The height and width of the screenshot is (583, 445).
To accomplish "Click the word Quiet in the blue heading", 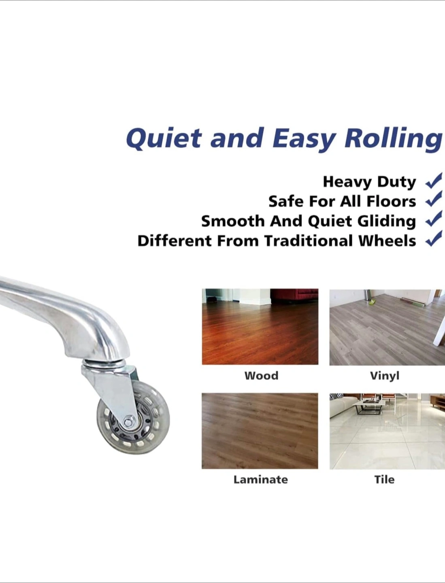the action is click(163, 138).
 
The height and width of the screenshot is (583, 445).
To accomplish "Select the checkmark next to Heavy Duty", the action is click(434, 181).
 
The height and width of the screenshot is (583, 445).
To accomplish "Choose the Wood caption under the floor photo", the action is click(261, 376).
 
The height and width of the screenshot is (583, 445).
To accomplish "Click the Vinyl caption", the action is click(384, 376).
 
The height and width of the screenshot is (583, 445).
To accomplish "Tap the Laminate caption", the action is click(260, 480).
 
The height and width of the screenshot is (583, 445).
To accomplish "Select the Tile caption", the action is click(384, 480).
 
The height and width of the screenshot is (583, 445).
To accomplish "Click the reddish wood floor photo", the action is click(260, 327).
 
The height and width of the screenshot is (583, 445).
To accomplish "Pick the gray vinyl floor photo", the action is click(387, 327).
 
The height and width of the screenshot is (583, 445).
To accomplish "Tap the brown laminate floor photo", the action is click(260, 431).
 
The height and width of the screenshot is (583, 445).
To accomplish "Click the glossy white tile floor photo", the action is click(387, 431).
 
